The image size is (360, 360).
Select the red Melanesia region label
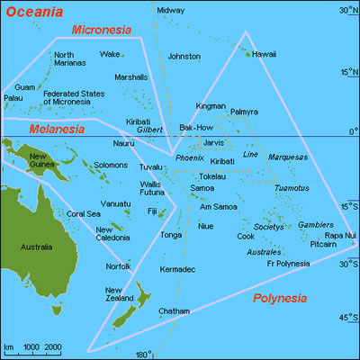[56, 129]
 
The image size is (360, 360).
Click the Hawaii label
[264, 54]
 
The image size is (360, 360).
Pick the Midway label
[170, 11]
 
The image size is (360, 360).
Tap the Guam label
[24, 86]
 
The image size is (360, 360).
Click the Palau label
[13, 98]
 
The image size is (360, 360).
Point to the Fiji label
[151, 211]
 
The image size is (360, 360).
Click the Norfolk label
[118, 266]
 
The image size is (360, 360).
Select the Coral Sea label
[84, 213]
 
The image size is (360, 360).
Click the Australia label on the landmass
[36, 246]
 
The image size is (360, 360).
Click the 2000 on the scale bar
[53, 346]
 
